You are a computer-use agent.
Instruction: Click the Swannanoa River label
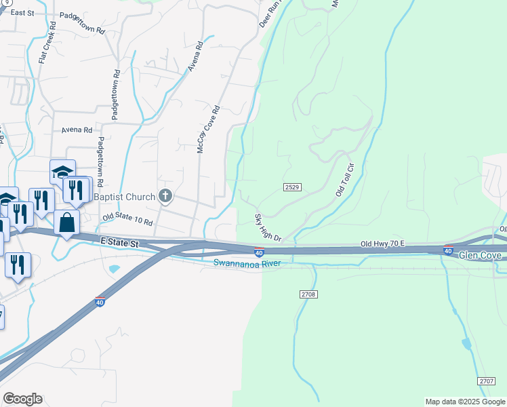247,263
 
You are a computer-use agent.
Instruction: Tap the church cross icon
165,197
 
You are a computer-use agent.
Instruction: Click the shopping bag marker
67,223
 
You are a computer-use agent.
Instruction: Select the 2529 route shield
292,187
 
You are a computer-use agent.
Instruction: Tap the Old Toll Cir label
346,180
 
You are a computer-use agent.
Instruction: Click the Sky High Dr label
268,228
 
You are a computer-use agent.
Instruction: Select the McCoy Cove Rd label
209,129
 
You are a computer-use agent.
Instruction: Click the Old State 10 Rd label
128,220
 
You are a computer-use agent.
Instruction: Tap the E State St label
119,242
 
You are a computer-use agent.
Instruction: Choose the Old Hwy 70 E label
382,244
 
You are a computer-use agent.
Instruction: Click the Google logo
22,399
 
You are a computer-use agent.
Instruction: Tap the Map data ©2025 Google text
465,402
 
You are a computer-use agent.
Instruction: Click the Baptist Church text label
125,197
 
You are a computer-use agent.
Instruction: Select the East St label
22,13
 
